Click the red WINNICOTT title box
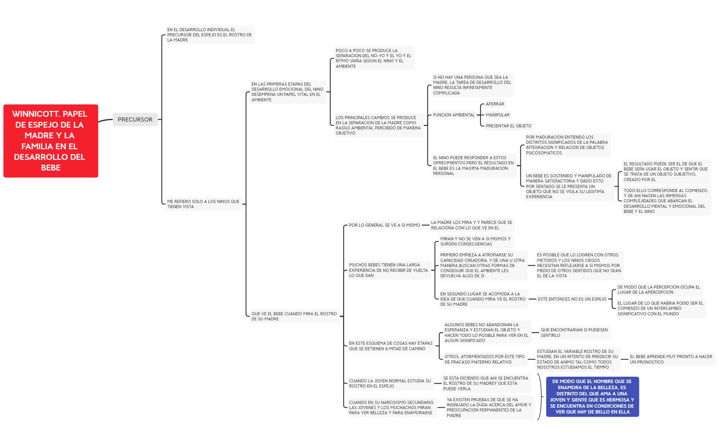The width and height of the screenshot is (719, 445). [x=51, y=141]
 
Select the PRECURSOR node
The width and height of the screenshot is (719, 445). [x=135, y=119]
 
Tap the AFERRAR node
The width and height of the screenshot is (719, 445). [x=495, y=104]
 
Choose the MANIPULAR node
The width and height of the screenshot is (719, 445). [x=497, y=115]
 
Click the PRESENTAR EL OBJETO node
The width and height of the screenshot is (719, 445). [x=508, y=126]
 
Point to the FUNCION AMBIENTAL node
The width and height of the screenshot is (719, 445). [x=454, y=115]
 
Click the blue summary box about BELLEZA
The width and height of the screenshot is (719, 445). [x=592, y=397]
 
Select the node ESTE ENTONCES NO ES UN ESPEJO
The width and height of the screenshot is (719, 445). [x=572, y=299]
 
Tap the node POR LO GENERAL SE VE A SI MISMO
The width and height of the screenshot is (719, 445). [x=384, y=225]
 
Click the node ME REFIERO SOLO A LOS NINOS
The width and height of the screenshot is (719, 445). [x=204, y=204]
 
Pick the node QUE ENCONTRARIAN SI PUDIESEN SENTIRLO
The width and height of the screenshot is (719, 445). [x=575, y=333]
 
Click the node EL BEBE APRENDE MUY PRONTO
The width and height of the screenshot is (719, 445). [x=671, y=359]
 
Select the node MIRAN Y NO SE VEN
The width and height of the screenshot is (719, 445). [x=476, y=241]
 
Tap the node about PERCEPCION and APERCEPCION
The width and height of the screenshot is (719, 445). [x=659, y=290]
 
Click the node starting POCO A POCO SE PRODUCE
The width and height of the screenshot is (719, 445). [x=374, y=59]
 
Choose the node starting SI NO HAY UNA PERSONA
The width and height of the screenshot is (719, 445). [x=472, y=85]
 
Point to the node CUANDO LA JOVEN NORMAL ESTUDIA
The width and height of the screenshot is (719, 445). [x=390, y=383]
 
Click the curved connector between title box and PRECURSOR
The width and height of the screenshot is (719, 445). [x=105, y=120]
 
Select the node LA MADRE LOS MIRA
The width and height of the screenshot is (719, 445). [x=472, y=225]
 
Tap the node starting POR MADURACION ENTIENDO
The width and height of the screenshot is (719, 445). [x=567, y=145]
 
